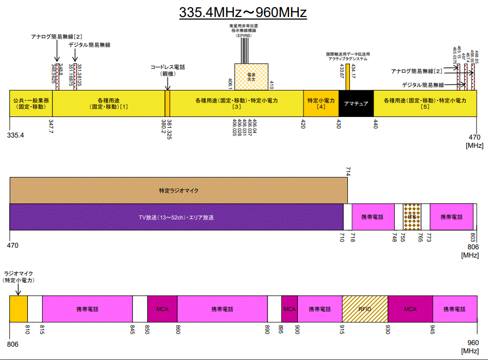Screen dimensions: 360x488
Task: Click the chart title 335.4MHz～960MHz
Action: tap(243, 12)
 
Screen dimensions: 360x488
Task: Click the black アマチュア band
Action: tap(356, 104)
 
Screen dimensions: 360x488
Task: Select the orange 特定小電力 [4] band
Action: tap(321, 104)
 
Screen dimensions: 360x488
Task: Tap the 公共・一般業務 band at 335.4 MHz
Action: tap(31, 104)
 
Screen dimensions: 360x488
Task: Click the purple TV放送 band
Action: tap(176, 217)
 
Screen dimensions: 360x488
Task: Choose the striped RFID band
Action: tap(365, 309)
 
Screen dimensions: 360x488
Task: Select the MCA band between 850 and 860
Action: tap(162, 309)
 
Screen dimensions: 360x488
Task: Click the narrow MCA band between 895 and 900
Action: tap(290, 309)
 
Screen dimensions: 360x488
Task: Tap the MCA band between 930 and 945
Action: tap(410, 309)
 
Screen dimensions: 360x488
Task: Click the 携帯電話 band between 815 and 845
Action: tap(87, 309)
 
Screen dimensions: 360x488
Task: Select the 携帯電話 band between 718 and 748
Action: tap(373, 217)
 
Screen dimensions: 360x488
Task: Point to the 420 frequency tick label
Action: tap(303, 124)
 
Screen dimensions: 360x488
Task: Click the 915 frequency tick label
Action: tap(343, 328)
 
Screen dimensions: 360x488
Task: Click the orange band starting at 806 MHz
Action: tap(18, 309)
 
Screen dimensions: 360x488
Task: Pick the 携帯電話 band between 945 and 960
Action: tap(454, 309)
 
